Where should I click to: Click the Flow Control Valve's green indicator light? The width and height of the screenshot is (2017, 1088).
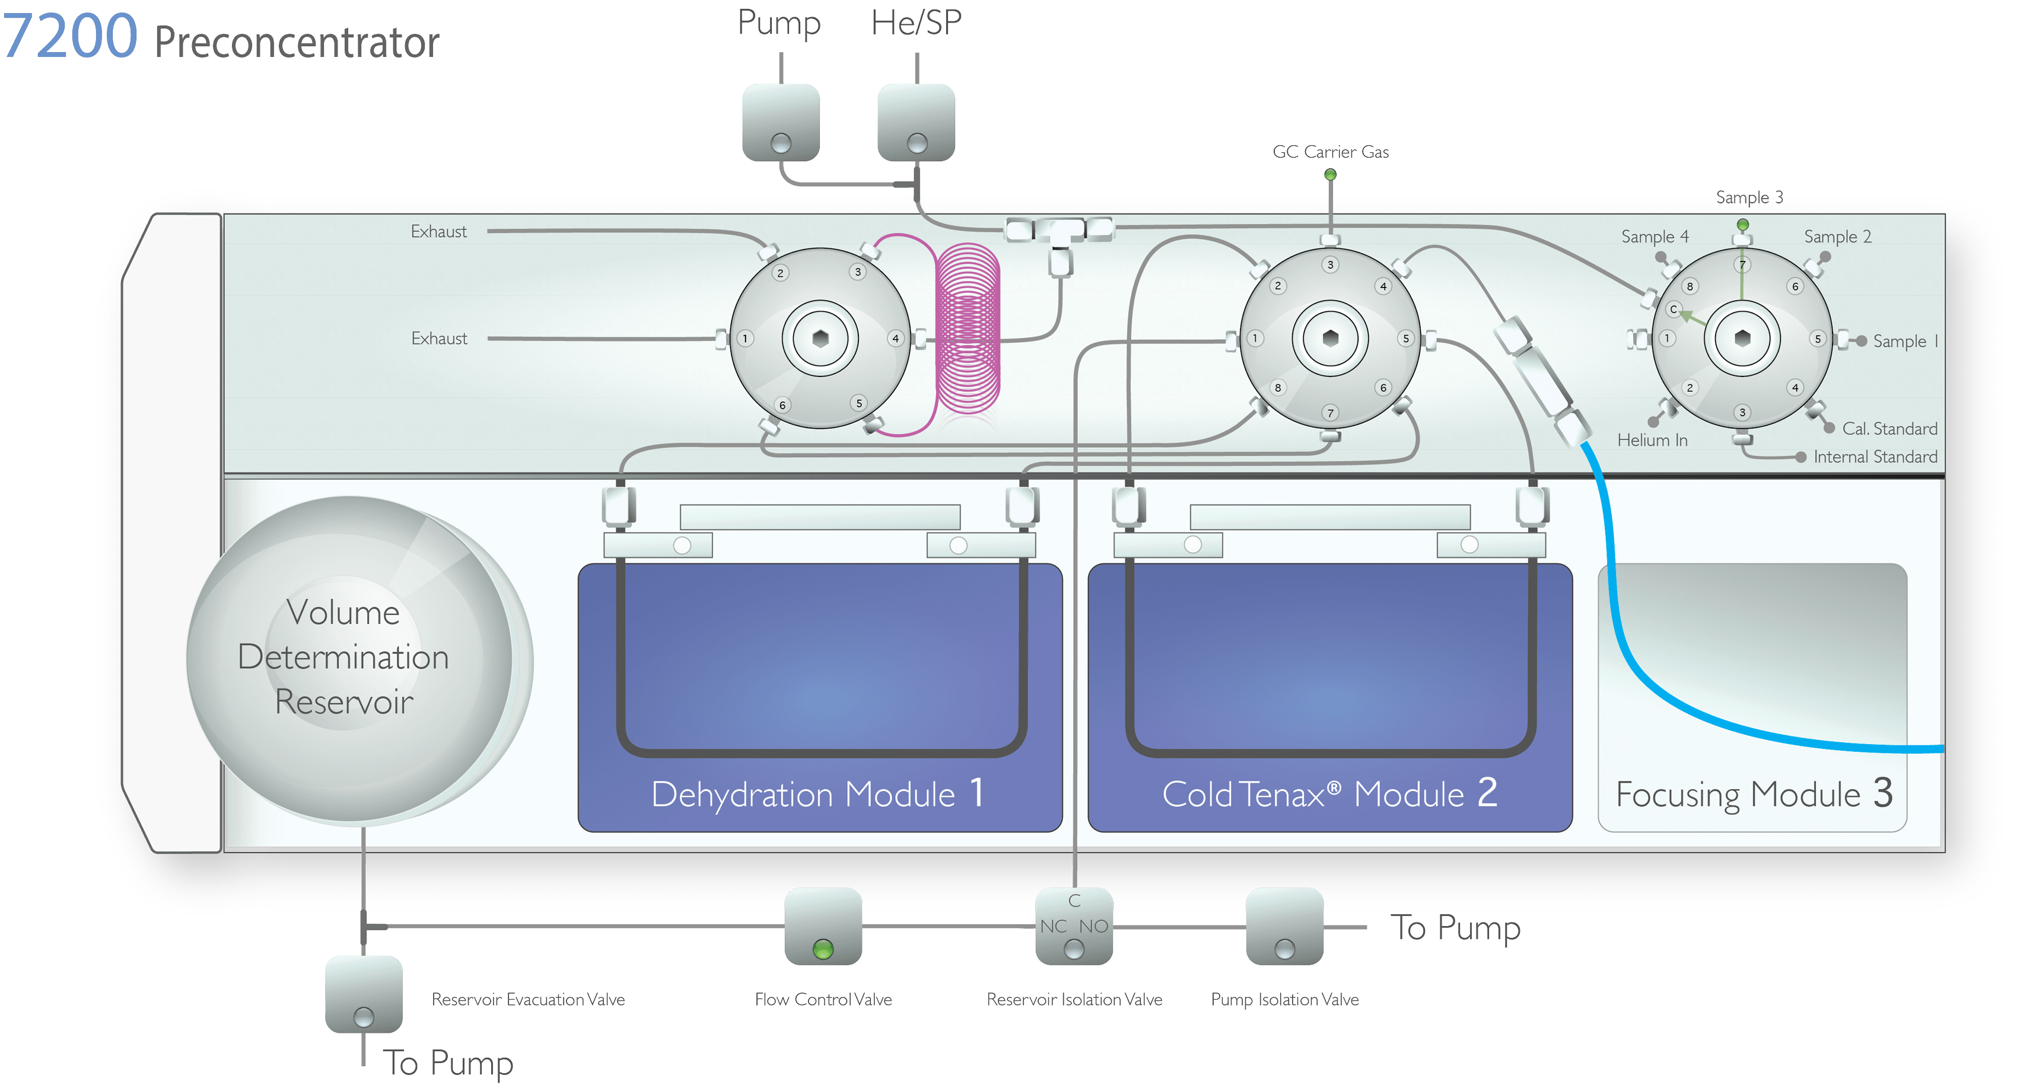[822, 949]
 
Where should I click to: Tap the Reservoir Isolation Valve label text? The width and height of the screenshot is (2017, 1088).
[1074, 1000]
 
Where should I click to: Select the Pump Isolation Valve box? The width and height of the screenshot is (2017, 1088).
[1284, 926]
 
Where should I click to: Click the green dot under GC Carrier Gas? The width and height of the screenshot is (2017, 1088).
[1329, 174]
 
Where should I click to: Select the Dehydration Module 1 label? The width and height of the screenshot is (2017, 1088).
[817, 794]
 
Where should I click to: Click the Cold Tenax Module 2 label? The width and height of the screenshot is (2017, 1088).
[1329, 794]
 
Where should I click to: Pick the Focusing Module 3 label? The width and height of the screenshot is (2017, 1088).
[1754, 794]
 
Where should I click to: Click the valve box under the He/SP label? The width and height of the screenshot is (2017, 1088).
[916, 123]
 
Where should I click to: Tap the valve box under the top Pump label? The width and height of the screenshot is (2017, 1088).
[781, 123]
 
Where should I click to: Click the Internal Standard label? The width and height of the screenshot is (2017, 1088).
[1875, 457]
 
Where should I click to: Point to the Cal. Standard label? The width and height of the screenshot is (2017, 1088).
[1889, 429]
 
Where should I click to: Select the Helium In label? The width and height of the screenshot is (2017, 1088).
[1652, 440]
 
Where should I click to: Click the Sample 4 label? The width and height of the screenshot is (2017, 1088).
[1655, 237]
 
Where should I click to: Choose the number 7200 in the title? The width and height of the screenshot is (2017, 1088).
[71, 36]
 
